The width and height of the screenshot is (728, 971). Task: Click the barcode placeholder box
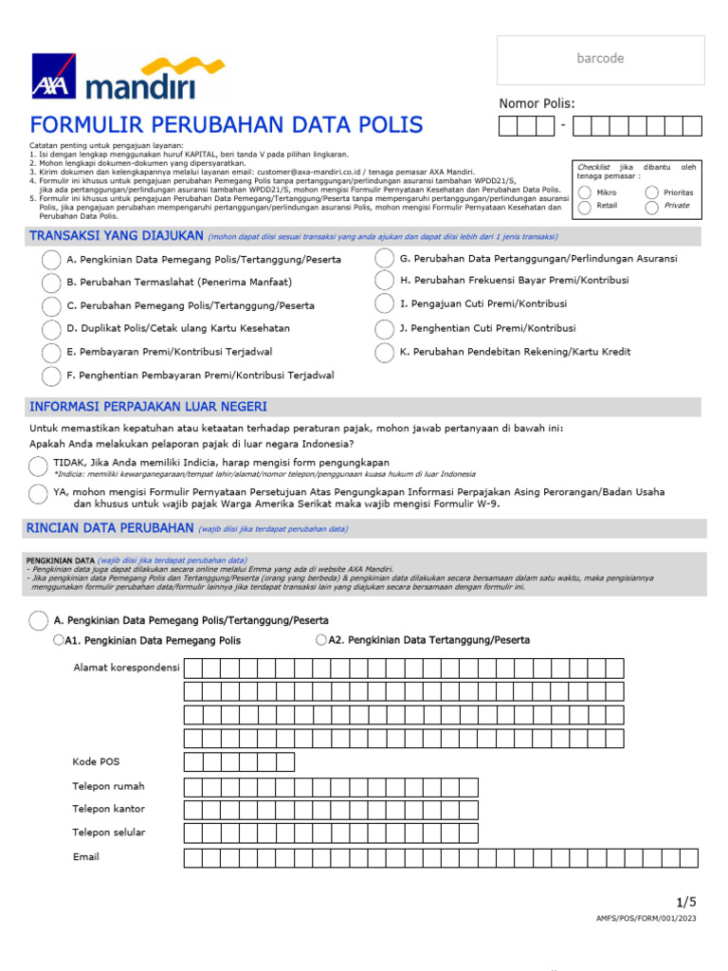point(600,60)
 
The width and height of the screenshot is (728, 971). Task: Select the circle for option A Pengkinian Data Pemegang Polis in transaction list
point(51,260)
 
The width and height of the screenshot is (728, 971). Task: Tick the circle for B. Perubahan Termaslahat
point(51,283)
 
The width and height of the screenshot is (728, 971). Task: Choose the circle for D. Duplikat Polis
point(51,329)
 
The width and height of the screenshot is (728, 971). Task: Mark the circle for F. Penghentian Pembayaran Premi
point(51,376)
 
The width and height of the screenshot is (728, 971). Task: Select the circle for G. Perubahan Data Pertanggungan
point(384,259)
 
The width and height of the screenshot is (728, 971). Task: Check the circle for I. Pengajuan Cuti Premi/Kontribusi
point(384,304)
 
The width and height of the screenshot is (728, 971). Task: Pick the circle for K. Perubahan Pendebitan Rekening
point(384,353)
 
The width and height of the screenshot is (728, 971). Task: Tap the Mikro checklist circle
point(585,192)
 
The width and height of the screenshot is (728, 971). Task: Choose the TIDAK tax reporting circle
point(38,465)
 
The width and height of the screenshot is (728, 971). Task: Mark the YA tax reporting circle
point(38,494)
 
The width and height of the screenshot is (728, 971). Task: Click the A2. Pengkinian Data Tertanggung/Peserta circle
point(321,640)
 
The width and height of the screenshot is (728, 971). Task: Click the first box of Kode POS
point(193,762)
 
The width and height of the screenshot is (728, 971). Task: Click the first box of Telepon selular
point(193,834)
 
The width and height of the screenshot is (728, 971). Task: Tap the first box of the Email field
point(193,858)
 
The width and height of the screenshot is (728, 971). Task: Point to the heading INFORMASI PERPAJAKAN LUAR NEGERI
point(148,407)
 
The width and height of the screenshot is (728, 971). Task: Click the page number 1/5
point(685,901)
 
